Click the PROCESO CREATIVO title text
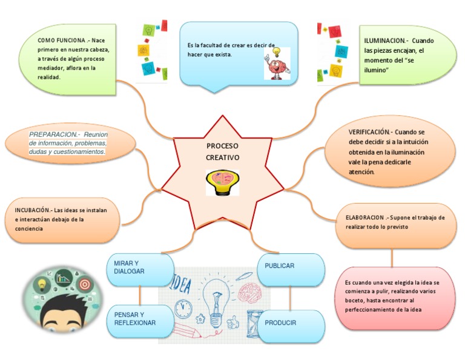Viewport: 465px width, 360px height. (x=222, y=152)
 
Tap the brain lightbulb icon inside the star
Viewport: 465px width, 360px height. (x=222, y=181)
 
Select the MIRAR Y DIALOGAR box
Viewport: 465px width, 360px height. (x=139, y=269)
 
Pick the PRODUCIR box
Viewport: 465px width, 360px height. (x=291, y=324)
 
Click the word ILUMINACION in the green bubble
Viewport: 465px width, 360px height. (x=384, y=41)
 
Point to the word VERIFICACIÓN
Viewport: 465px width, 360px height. (x=369, y=132)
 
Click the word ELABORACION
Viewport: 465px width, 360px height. (x=364, y=217)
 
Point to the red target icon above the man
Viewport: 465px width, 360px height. (x=84, y=283)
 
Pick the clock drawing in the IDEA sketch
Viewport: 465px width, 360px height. (x=183, y=308)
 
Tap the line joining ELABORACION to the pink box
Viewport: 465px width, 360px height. (x=392, y=258)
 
